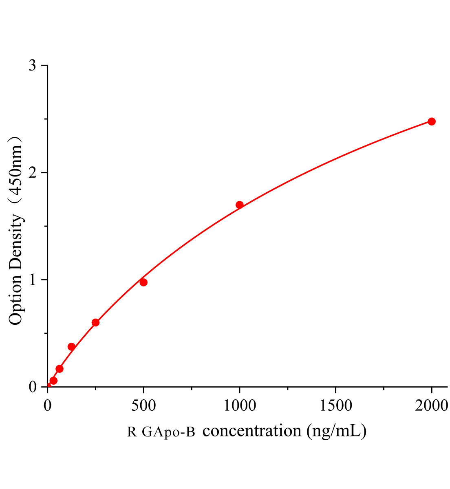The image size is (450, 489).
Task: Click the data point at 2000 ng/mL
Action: (432, 121)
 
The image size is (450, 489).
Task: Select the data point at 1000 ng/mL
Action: (240, 205)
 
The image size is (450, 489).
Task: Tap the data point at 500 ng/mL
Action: (143, 282)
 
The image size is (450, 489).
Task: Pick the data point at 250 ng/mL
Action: (95, 322)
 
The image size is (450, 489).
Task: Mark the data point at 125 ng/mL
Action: (71, 347)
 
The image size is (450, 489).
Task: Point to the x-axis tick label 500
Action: (143, 405)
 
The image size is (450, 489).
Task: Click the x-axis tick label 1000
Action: (240, 405)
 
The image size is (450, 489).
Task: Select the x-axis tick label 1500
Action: (335, 405)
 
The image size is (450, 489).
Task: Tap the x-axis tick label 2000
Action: (432, 405)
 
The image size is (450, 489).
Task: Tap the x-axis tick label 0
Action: (48, 405)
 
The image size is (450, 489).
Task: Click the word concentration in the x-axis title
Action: (251, 431)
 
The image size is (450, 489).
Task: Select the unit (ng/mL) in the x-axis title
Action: (337, 431)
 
